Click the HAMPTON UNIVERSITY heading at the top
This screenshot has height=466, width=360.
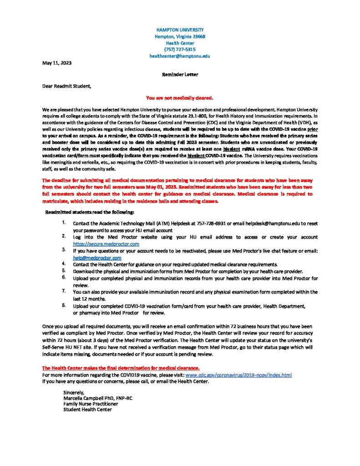(x=180, y=30)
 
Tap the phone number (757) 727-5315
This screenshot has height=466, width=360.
(x=180, y=49)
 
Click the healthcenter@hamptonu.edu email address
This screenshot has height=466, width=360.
(x=180, y=56)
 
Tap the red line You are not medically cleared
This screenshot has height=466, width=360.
(x=180, y=97)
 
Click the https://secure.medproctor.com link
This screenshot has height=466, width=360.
(x=106, y=244)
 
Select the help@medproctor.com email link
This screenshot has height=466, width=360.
(x=97, y=258)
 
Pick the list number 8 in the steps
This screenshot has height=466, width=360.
(x=64, y=305)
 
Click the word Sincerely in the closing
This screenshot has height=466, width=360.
(x=74, y=392)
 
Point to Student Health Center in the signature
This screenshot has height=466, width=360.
(x=87, y=410)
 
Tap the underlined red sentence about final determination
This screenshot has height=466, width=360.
(x=121, y=368)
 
